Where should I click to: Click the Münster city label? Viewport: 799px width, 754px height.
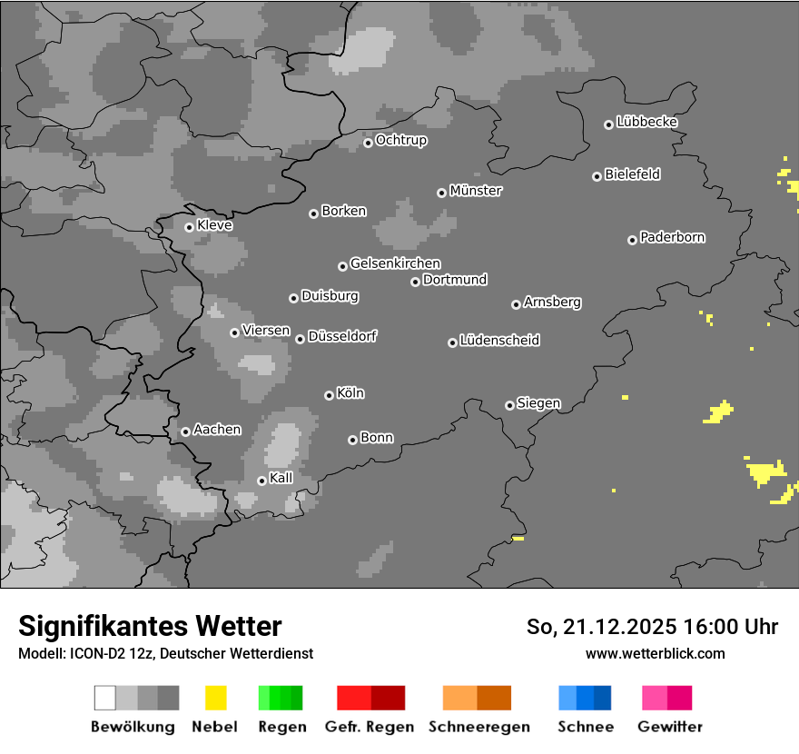click(476, 191)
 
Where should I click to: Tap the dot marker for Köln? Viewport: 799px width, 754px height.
click(329, 395)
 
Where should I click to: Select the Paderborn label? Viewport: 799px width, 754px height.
click(673, 237)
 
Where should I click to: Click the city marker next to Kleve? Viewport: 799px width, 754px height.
click(189, 227)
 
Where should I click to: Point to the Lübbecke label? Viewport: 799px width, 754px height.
click(647, 122)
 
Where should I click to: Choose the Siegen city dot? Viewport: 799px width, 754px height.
click(509, 405)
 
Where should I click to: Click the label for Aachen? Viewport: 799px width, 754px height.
click(217, 429)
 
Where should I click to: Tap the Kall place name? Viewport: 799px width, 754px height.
click(281, 478)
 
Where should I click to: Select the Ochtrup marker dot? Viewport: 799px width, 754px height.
click(368, 143)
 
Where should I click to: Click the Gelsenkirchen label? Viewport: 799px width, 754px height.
click(395, 263)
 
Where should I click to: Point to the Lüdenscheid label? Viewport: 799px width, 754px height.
click(499, 340)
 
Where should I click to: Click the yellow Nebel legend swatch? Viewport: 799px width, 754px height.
click(215, 698)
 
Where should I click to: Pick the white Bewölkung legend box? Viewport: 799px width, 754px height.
click(104, 698)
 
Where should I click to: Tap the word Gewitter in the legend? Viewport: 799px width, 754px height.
click(670, 727)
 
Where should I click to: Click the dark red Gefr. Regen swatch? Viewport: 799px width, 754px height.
click(388, 698)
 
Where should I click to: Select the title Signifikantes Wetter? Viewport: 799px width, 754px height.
click(150, 626)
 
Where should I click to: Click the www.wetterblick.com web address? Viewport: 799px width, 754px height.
click(655, 653)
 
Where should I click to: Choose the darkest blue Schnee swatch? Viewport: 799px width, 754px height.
click(603, 698)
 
